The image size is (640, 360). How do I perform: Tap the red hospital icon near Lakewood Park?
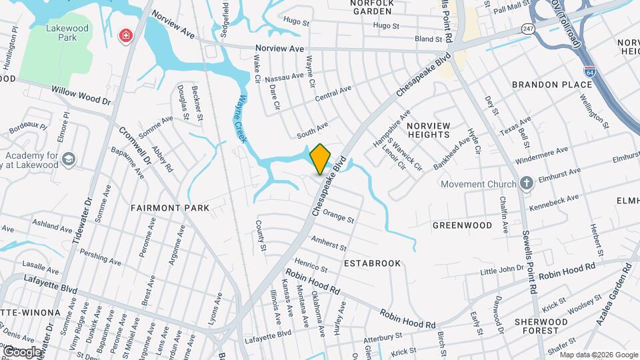click(x=124, y=36)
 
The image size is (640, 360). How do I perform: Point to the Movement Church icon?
click(x=526, y=184)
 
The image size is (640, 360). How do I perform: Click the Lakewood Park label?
click(x=62, y=33)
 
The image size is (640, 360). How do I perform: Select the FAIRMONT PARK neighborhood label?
click(x=170, y=208)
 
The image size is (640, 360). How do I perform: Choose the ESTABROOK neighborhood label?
click(x=373, y=263)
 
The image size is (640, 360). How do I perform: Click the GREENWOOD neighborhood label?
click(x=462, y=225)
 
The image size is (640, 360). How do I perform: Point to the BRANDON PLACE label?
click(x=551, y=85)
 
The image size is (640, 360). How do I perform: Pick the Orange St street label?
click(x=338, y=216)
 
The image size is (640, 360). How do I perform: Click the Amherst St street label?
click(x=329, y=243)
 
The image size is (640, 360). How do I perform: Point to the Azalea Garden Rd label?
click(x=613, y=293)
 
